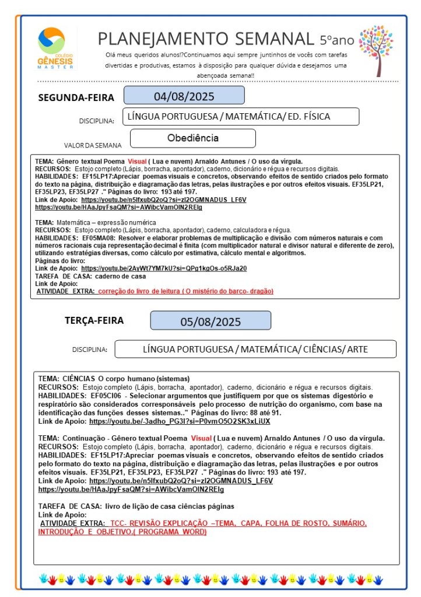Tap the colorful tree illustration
376,50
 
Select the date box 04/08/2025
184,96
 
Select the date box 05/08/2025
210,322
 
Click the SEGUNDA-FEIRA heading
76,97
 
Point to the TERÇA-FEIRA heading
94,320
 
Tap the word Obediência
192,138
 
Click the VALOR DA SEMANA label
93,145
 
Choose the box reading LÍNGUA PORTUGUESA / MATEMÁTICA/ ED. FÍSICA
240,117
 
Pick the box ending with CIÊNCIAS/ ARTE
255,349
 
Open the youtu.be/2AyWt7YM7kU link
164,268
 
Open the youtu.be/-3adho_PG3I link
180,421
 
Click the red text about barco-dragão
185,291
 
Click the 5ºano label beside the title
336,40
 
